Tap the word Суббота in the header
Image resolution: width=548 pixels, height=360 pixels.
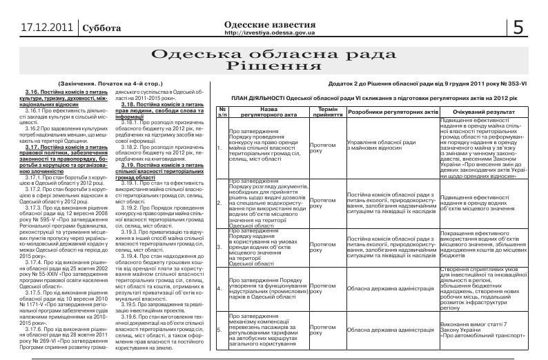point(101,28)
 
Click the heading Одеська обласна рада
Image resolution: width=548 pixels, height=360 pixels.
point(275,54)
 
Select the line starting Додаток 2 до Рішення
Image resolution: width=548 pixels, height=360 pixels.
point(429,83)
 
